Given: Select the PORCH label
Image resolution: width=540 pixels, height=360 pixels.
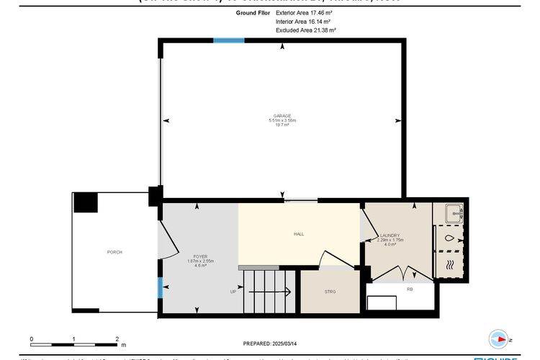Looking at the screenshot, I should [x=114, y=252].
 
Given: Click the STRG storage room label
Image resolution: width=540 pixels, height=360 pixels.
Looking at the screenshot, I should [x=330, y=292].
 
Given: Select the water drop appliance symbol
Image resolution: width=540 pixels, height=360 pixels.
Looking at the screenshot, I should [x=449, y=238].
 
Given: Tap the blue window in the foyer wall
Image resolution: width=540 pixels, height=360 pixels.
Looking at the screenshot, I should [x=160, y=287].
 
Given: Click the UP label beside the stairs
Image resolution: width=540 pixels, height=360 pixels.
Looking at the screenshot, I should [x=233, y=292].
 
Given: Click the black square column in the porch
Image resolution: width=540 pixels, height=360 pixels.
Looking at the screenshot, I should [x=86, y=202].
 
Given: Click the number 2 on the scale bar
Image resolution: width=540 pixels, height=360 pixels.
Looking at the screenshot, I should [x=117, y=338].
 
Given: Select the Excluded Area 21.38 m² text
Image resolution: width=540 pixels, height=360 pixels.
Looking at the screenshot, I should [x=306, y=31].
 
